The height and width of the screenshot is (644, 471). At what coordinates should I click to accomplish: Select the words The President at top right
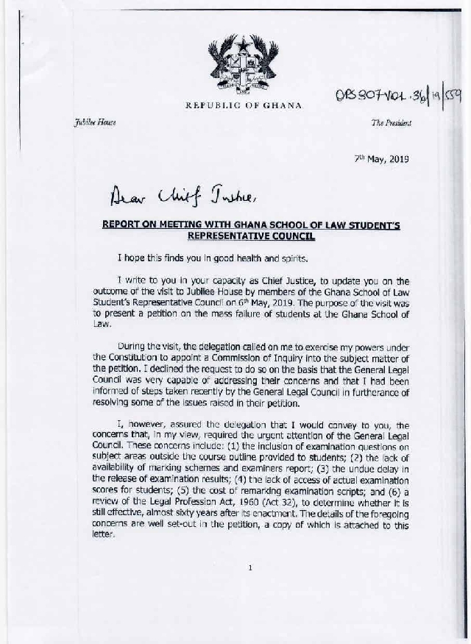coord(391,123)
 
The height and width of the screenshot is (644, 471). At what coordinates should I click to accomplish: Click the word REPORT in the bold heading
coord(123,226)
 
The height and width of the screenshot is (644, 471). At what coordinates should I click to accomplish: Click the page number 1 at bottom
coord(250,567)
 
